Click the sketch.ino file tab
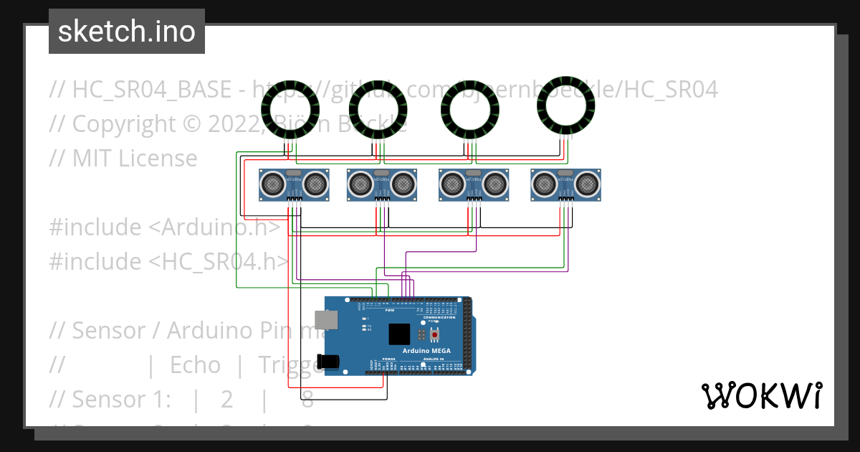(127, 32)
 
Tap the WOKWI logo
(760, 396)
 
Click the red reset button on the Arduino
(434, 334)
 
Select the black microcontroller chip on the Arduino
(399, 334)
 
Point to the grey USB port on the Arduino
(326, 319)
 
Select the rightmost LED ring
(566, 107)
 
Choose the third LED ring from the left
(470, 110)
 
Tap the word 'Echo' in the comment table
(195, 365)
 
